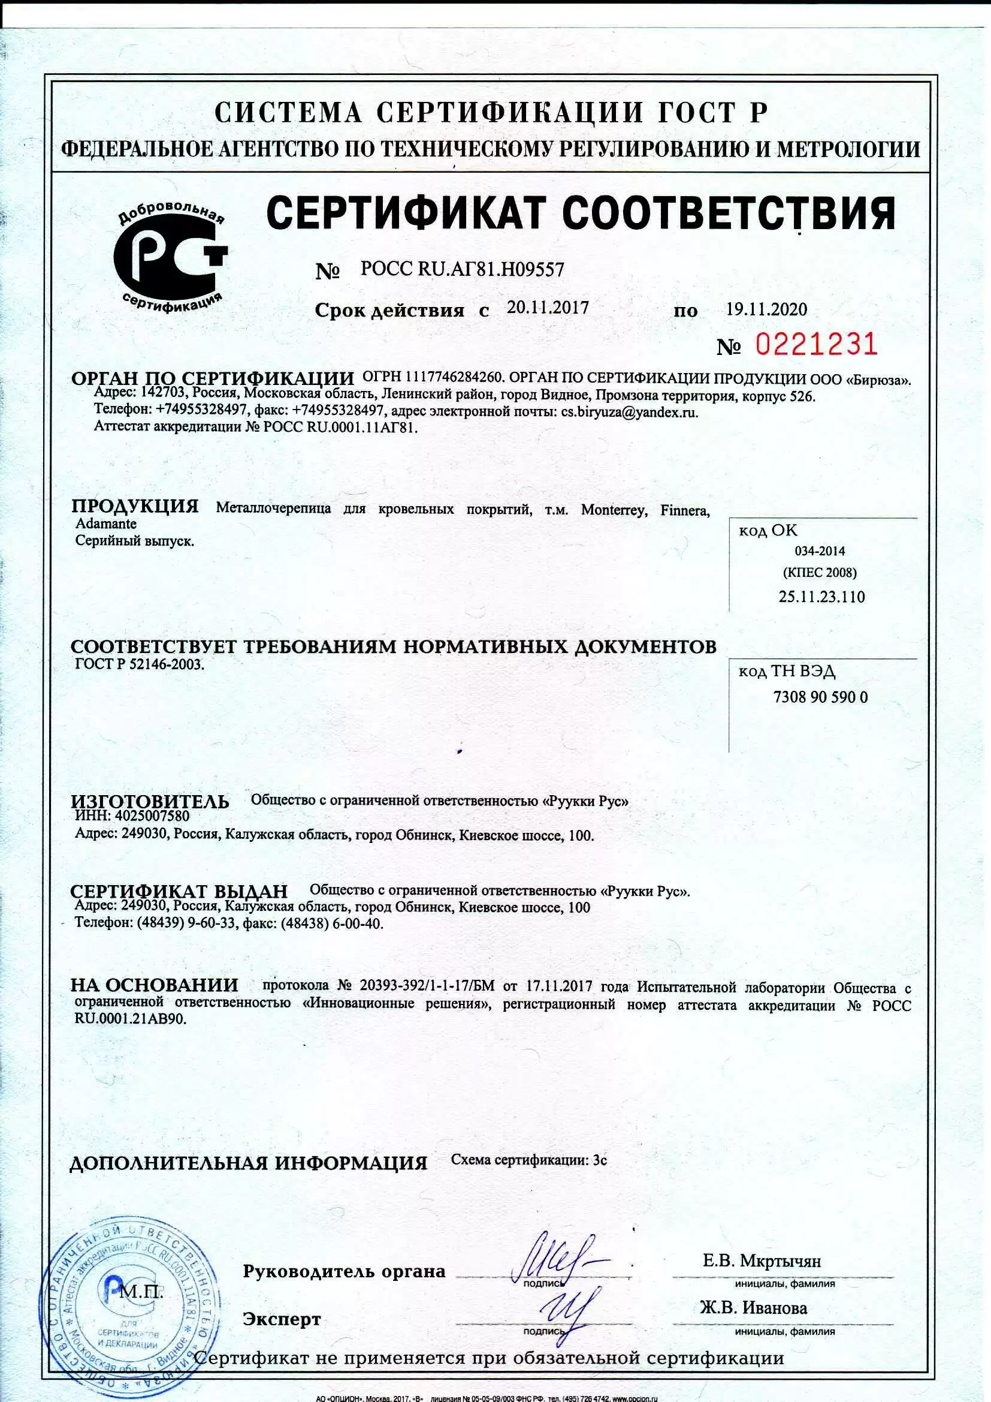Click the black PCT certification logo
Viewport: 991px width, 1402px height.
(x=170, y=257)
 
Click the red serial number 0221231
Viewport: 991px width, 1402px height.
(x=816, y=345)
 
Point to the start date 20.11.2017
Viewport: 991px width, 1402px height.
(x=548, y=308)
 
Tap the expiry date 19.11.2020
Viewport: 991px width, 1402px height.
(x=766, y=309)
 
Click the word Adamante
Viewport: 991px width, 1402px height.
(x=105, y=524)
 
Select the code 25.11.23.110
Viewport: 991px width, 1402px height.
(x=821, y=597)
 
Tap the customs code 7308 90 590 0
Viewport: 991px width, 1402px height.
(x=820, y=697)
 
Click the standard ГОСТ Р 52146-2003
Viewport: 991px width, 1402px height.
(x=138, y=664)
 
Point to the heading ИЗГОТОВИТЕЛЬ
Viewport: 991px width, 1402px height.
(x=150, y=802)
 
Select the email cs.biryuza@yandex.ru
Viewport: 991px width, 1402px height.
(x=629, y=411)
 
